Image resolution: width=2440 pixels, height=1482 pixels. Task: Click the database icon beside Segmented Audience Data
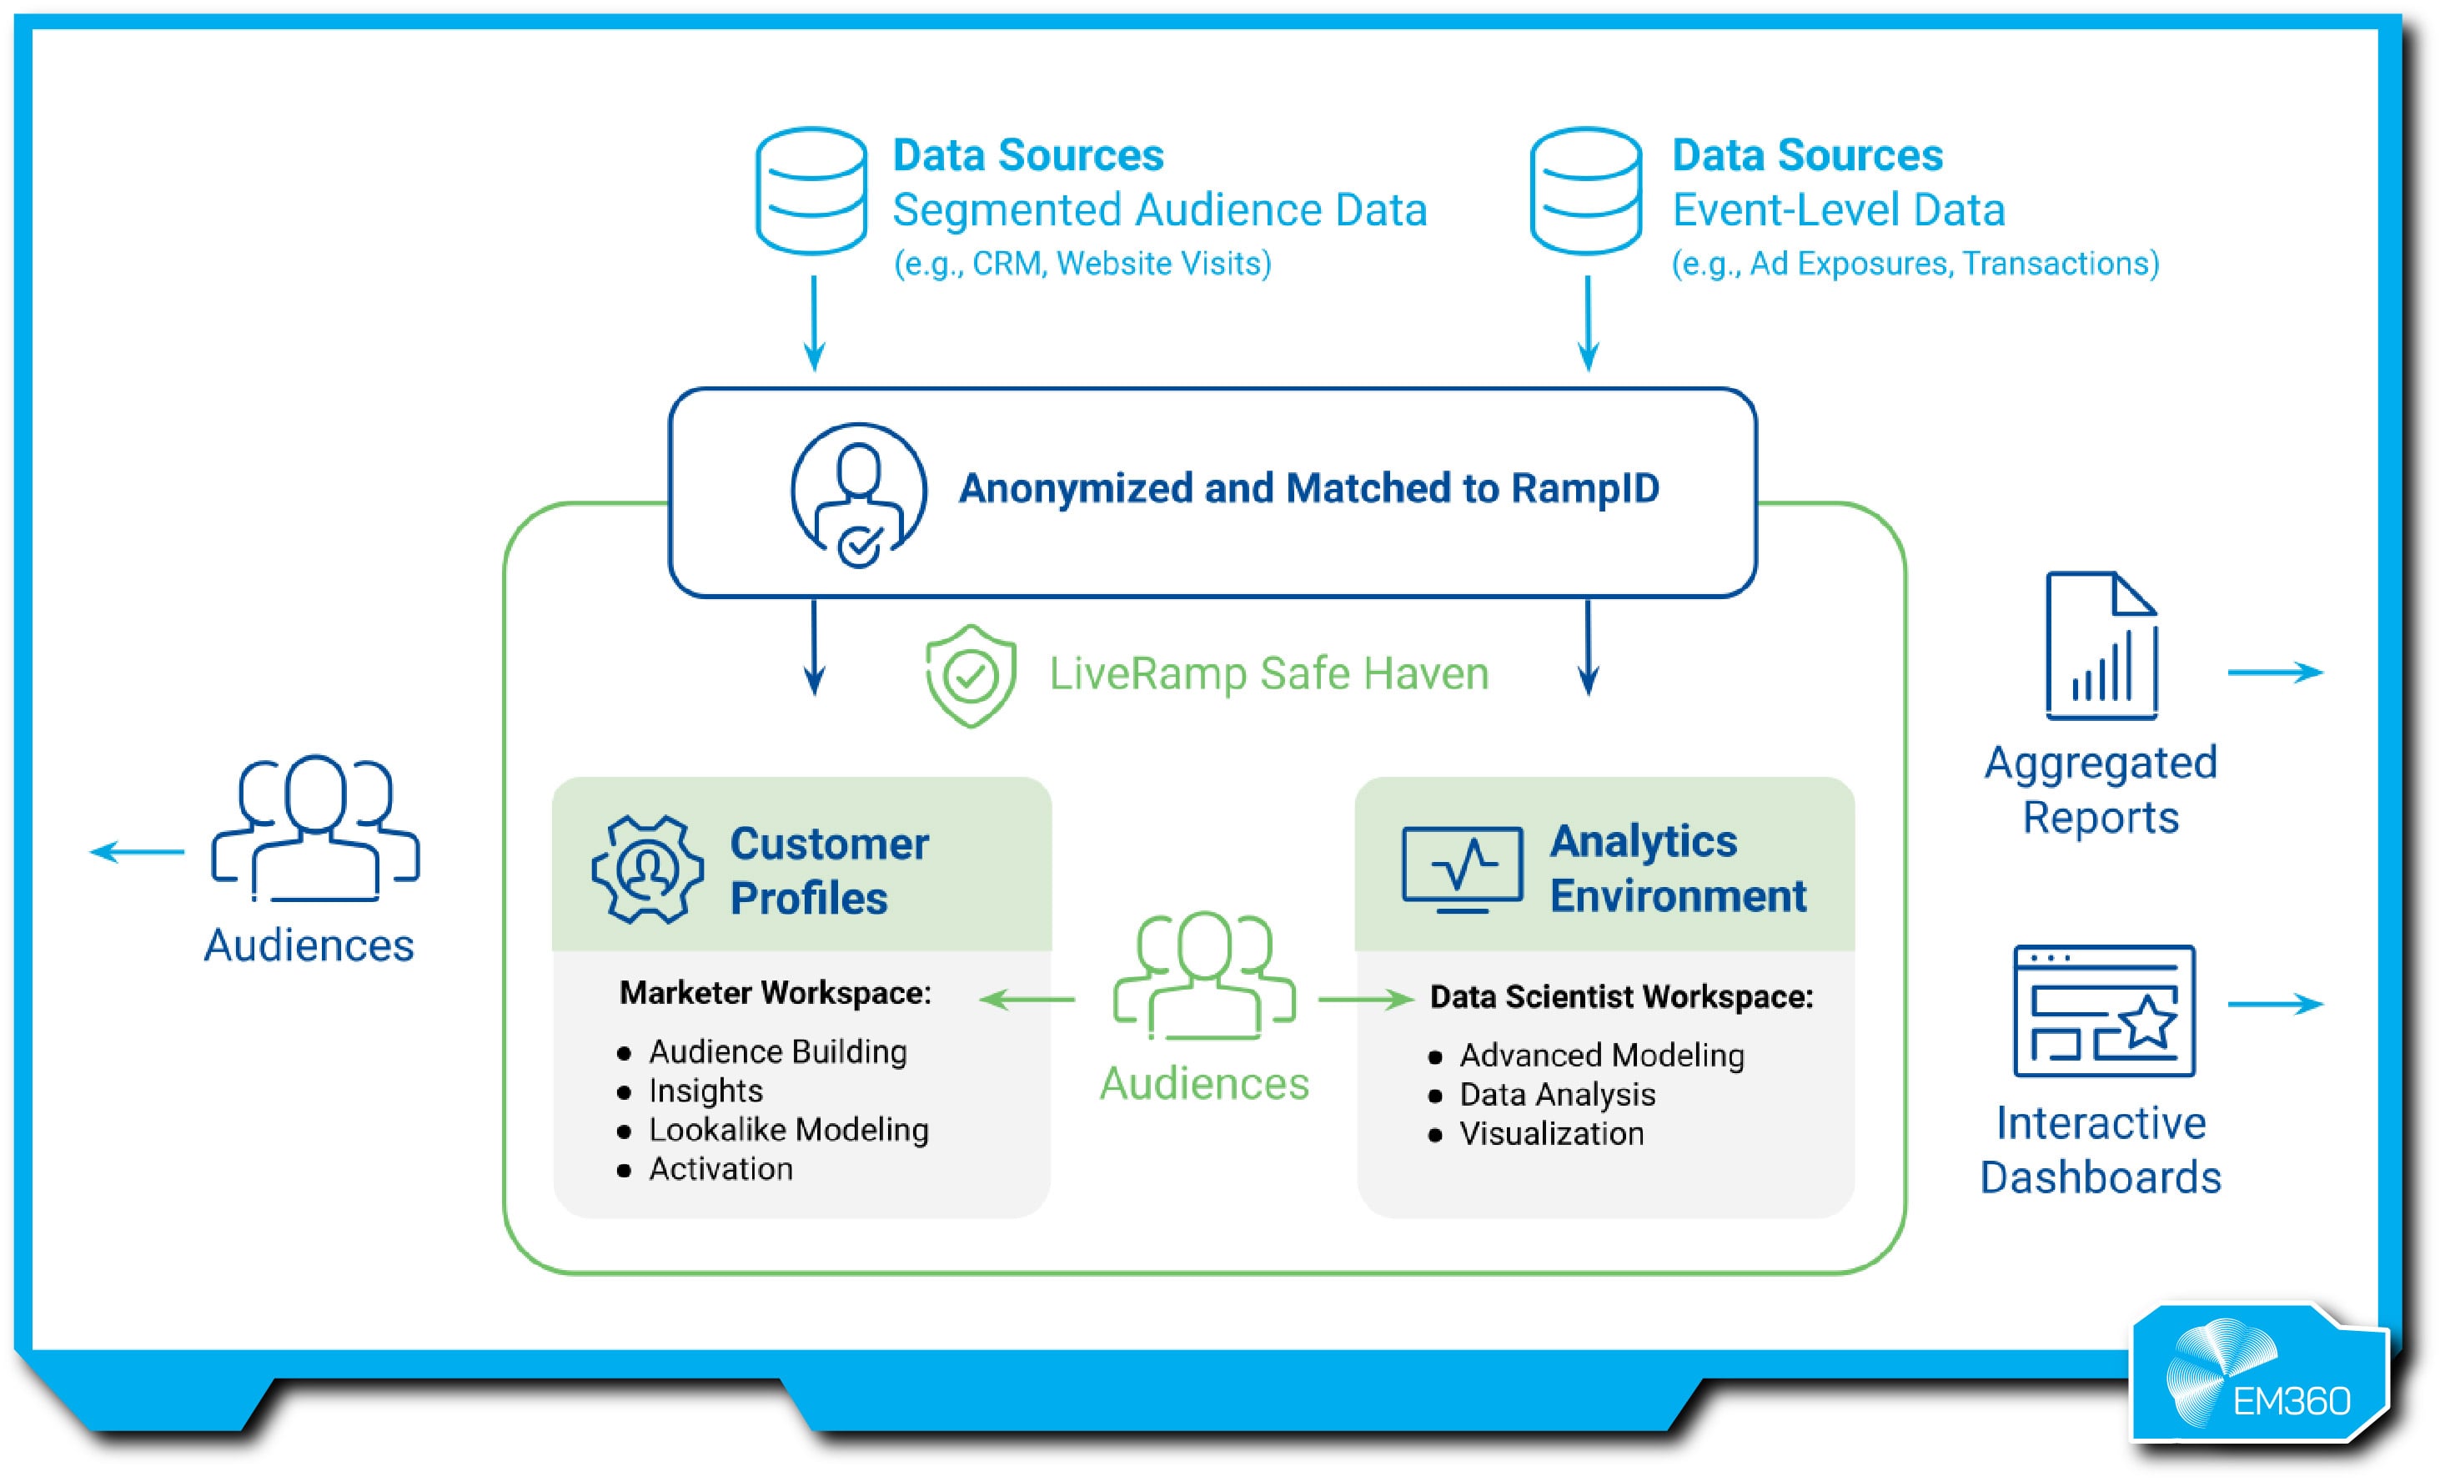coord(811,190)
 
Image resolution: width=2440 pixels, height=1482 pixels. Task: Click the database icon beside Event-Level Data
coord(1585,190)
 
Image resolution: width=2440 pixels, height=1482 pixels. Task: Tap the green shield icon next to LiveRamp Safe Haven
coord(971,676)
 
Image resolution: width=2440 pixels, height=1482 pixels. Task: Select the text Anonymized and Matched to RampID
coord(1308,488)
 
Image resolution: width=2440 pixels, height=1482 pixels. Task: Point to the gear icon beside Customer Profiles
coord(648,870)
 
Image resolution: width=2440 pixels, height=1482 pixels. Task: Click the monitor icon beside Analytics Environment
coord(1462,869)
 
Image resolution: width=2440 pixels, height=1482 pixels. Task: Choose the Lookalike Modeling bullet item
coord(788,1129)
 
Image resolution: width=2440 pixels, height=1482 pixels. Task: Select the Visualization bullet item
coord(1551,1133)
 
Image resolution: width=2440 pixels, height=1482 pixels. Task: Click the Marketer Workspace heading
coord(776,993)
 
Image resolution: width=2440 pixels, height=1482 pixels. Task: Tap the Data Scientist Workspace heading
coord(1621,996)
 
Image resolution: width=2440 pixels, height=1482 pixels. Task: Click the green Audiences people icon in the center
coord(1204,975)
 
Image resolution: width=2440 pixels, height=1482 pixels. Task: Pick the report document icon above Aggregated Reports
coord(2101,645)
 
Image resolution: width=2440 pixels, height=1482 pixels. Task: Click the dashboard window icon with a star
coord(2104,1011)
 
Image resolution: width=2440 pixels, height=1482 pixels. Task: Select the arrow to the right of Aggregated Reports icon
coord(2275,673)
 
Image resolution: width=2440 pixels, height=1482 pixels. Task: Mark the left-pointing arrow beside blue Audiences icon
coord(137,851)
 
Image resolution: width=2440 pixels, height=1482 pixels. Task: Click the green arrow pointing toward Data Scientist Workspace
coord(1364,1000)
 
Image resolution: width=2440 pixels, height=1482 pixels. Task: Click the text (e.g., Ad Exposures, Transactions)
coord(1914,264)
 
